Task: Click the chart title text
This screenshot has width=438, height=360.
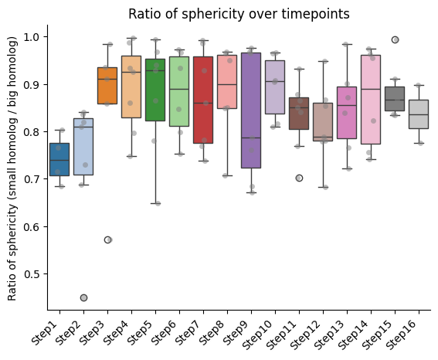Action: coord(239,14)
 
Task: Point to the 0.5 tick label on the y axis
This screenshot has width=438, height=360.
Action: coord(32,274)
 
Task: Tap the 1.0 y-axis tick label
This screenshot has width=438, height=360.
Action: coord(32,37)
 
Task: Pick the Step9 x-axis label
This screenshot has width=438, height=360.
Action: coord(237,333)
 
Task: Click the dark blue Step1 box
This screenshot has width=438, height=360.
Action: coord(59,159)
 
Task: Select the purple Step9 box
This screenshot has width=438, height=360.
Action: coord(251,110)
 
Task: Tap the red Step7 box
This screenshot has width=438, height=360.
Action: coord(203,100)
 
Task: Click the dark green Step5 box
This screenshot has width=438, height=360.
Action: coord(155,90)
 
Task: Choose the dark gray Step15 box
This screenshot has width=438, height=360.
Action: coord(395,99)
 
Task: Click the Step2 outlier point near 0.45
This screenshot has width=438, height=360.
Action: coord(83,297)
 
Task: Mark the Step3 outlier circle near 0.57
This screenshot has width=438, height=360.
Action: coord(107,240)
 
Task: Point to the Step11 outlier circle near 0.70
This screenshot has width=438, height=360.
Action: coord(299,178)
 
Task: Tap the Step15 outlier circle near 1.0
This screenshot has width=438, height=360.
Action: coord(395,39)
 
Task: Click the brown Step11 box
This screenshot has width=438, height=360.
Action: coord(299,114)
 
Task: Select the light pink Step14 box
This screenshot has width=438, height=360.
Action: coord(371,100)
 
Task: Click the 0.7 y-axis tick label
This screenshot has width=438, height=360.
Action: coord(32,179)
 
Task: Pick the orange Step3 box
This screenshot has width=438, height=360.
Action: coord(107,86)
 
